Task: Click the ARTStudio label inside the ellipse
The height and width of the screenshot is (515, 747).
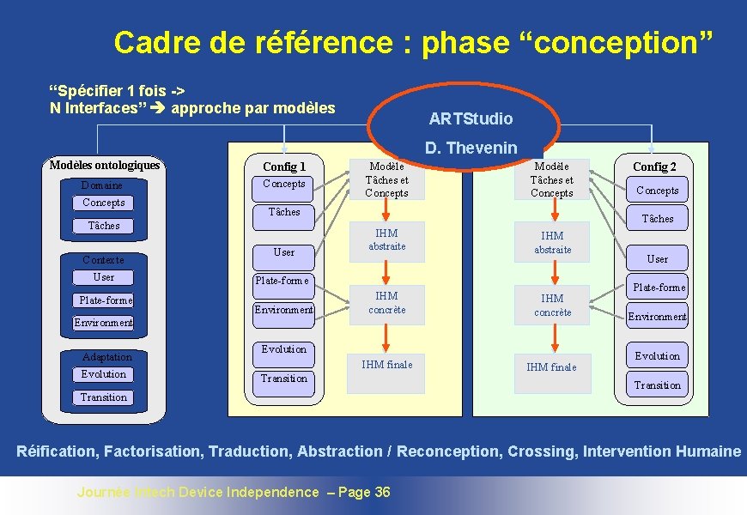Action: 471,118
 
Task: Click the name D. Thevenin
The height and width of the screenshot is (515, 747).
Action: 471,148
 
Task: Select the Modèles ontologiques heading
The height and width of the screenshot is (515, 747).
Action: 105,165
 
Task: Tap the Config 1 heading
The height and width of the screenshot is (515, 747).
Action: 284,167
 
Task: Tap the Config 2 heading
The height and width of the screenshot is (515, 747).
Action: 654,167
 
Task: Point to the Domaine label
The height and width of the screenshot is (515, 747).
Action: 102,185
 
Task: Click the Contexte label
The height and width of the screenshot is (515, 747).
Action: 103,260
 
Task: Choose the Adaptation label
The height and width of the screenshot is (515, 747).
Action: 106,357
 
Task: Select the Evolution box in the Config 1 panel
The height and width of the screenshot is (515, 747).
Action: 284,349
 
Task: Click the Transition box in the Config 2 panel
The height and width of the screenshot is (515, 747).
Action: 658,385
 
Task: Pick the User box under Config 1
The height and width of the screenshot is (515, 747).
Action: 284,252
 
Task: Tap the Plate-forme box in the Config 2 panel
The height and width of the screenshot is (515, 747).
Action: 659,288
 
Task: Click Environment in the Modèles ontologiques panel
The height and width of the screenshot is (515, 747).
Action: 103,324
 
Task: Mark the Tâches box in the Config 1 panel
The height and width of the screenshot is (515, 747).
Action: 284,212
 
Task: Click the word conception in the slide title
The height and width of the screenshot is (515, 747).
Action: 612,42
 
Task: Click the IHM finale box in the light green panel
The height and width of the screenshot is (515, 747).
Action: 551,367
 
